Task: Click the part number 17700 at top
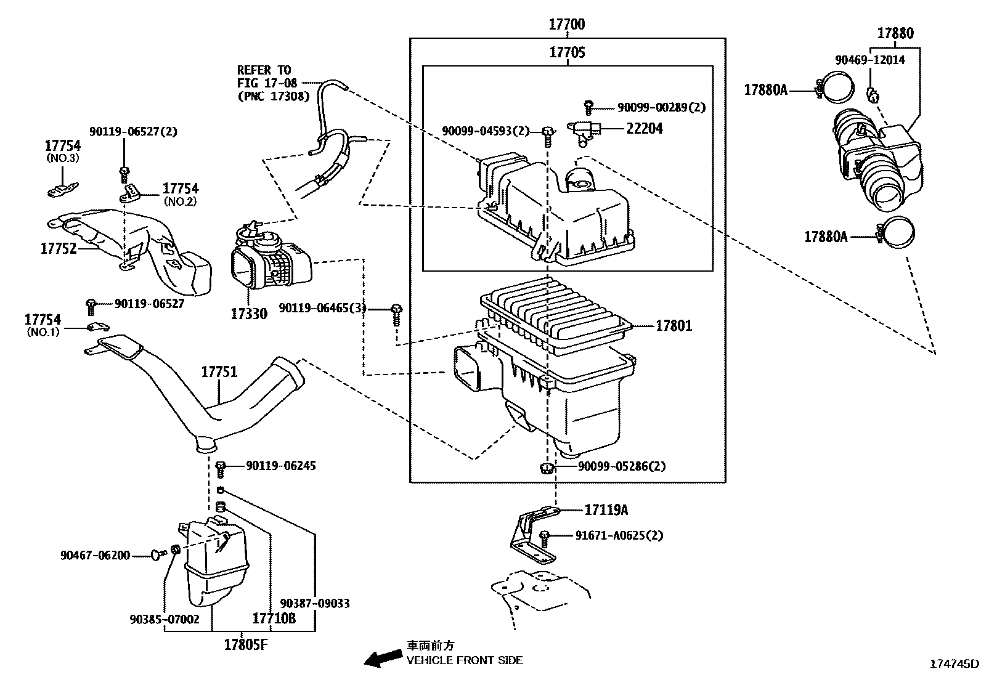click(567, 25)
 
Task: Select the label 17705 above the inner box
click(567, 53)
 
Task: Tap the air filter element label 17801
click(674, 326)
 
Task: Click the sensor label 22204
click(645, 129)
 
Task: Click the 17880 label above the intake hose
click(895, 34)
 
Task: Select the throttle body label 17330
click(249, 314)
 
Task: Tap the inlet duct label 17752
click(59, 249)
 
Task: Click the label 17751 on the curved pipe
click(219, 372)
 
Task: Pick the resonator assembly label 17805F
click(246, 645)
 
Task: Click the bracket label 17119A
click(606, 510)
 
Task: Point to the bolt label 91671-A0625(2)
click(619, 535)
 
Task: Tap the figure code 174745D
click(953, 664)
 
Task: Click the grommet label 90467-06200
click(95, 556)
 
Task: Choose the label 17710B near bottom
click(274, 618)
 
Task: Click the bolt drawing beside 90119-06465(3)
click(397, 313)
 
